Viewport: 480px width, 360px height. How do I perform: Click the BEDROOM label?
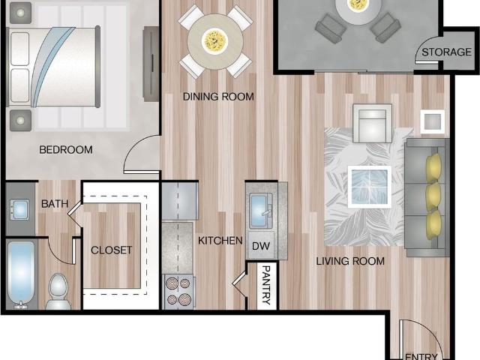click(66, 150)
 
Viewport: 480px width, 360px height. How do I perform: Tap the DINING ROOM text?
click(218, 97)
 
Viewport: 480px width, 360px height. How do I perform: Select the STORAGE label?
click(447, 52)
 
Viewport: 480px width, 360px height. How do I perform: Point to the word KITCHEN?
click(220, 241)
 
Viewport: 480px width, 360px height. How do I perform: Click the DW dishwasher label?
click(261, 246)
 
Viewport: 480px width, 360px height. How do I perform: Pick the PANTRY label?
click(266, 285)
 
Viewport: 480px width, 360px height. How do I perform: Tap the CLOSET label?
click(112, 250)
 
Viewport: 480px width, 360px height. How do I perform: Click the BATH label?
click(55, 204)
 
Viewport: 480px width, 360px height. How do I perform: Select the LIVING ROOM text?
click(350, 261)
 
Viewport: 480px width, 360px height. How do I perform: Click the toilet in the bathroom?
click(58, 292)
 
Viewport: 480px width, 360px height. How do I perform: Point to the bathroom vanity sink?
click(19, 210)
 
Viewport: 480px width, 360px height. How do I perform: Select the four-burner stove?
click(178, 292)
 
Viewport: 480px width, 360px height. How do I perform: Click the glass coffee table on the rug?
click(370, 187)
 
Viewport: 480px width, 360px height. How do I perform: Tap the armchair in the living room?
click(372, 123)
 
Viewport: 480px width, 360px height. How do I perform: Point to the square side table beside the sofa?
click(432, 121)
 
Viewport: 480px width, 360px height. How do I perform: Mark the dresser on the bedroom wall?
click(151, 64)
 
